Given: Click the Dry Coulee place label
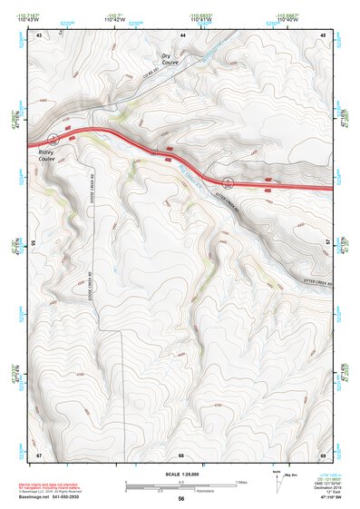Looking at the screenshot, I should click(x=170, y=59).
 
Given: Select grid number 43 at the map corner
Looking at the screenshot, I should click(x=39, y=34).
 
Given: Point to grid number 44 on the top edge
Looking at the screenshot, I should click(x=182, y=34).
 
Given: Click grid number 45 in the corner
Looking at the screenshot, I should click(x=324, y=34).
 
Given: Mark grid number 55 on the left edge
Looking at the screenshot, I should click(x=34, y=243).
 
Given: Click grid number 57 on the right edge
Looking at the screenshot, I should click(x=327, y=243).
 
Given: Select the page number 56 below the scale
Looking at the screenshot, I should click(x=181, y=500).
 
